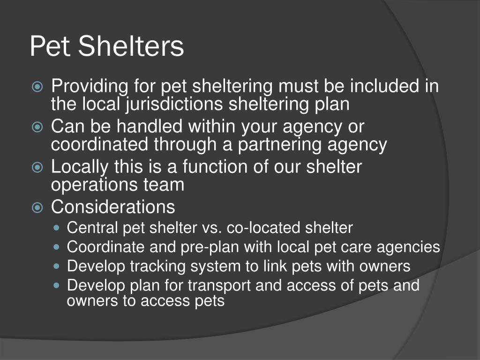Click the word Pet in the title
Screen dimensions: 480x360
[x=51, y=46]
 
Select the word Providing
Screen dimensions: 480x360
[x=90, y=86]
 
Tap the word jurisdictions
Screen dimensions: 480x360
[x=174, y=104]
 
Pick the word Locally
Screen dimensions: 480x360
[x=80, y=167]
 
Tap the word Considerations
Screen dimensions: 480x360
[x=113, y=207]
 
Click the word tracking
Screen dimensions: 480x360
[x=157, y=266]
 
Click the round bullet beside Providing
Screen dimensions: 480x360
[x=37, y=87]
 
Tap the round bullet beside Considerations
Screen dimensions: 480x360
[x=37, y=208]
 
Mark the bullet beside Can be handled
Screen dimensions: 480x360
[x=37, y=127]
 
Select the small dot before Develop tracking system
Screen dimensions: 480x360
[x=56, y=266]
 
